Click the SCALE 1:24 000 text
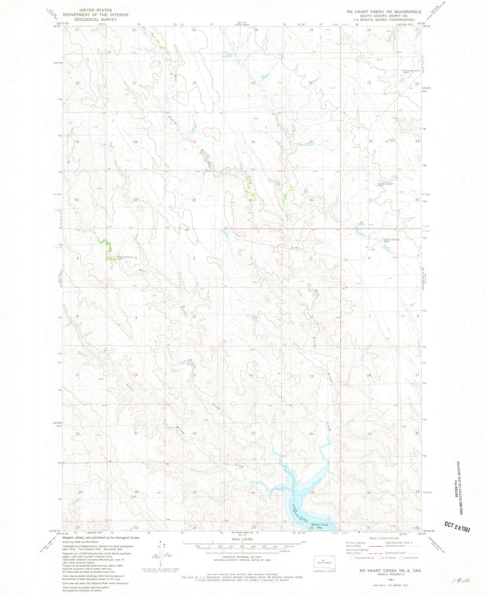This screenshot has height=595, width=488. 242,539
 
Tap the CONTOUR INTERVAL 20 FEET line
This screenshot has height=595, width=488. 242,557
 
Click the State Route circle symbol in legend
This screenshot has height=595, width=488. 402,557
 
